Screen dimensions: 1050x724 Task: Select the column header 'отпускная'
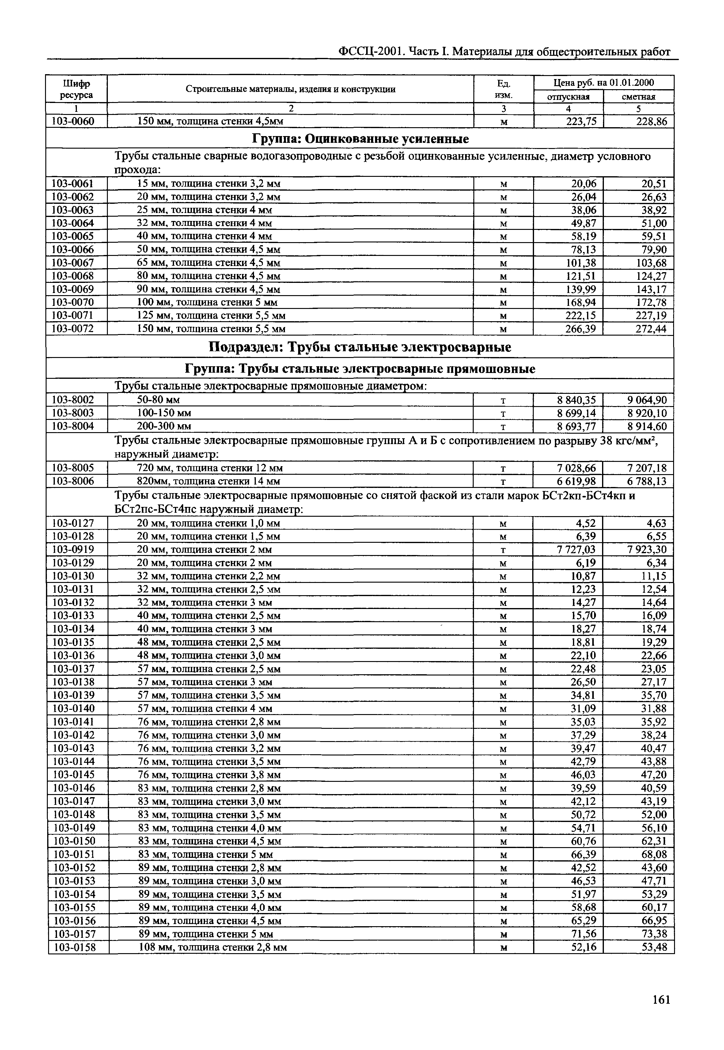point(568,97)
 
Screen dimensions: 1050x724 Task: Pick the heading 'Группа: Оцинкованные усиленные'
point(360,139)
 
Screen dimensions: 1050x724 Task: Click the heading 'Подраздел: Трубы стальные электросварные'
point(360,347)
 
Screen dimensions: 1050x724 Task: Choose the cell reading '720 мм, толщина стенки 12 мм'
point(210,468)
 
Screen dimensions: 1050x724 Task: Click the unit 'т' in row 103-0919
point(503,550)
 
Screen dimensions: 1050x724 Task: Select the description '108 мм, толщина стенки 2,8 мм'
point(213,947)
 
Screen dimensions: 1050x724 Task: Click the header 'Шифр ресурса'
point(76,89)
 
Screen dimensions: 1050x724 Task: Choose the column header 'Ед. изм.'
point(503,89)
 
